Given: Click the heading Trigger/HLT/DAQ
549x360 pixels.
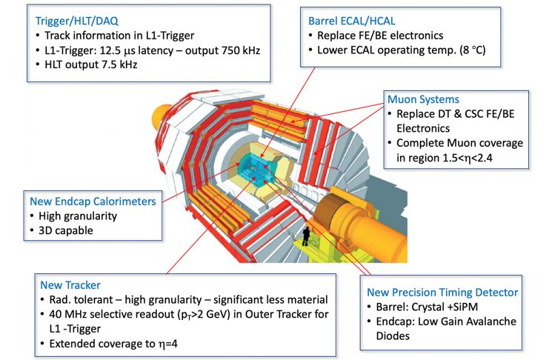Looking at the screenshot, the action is (76, 21).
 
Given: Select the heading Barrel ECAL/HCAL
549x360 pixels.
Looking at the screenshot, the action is (351, 21).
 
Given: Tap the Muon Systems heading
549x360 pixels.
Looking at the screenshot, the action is (423, 99).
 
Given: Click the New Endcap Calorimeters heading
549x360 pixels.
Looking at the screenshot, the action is (93, 201).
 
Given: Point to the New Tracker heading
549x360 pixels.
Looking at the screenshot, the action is (70, 285).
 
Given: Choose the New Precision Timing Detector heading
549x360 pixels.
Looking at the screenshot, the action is (442, 293).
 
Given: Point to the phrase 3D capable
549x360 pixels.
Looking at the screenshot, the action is (66, 230).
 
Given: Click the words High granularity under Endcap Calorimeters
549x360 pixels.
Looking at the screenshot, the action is (78, 216).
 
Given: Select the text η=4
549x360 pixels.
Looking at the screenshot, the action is (167, 344).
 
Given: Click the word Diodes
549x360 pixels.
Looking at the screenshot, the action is (393, 336).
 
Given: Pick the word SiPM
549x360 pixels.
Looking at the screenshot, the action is (465, 307).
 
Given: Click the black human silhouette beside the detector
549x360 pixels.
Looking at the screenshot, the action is (306, 236).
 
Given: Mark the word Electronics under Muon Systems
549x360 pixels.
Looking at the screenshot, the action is (423, 129).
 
